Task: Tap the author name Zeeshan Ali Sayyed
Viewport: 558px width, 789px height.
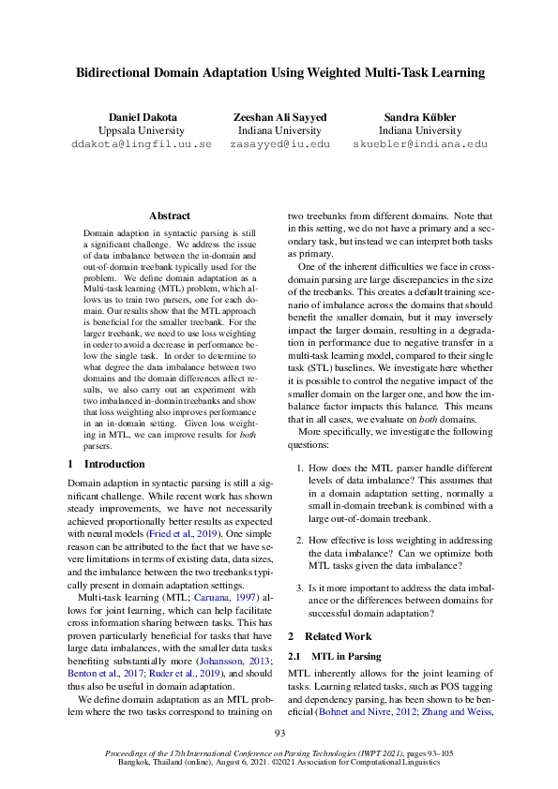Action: click(279, 117)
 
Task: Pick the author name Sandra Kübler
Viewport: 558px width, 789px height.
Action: click(419, 117)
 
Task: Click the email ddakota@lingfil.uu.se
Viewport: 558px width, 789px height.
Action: click(142, 145)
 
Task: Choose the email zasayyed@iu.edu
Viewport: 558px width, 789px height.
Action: click(279, 145)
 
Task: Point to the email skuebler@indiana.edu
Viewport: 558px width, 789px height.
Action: click(419, 145)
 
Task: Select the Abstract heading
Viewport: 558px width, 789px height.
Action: click(169, 216)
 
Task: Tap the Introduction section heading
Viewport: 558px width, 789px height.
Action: click(114, 464)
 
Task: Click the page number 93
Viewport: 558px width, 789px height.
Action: click(279, 733)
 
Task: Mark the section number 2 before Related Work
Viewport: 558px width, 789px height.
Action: click(291, 636)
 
